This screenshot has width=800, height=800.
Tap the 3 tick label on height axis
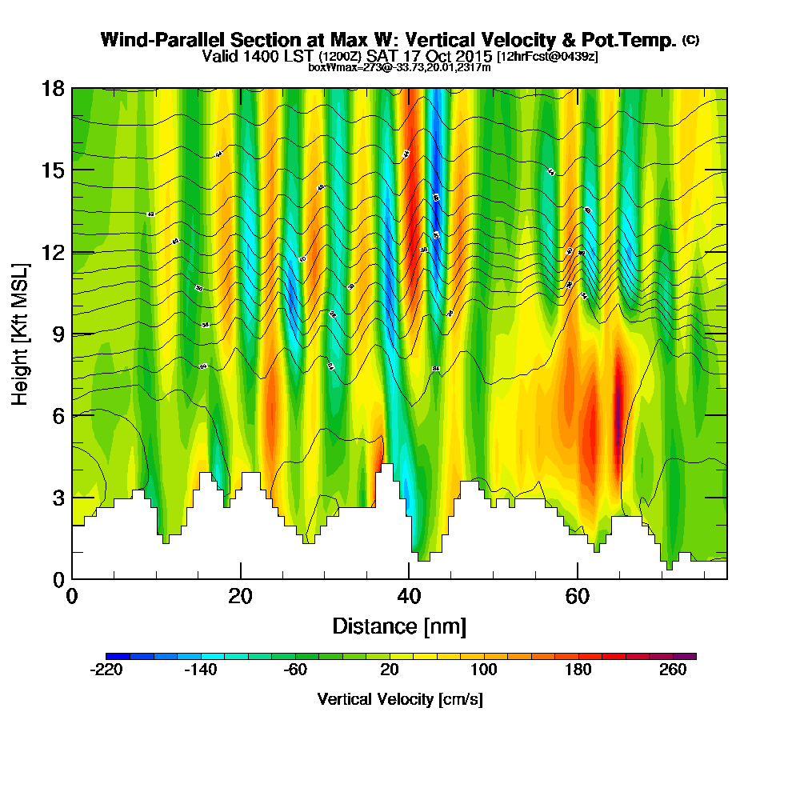coord(58,498)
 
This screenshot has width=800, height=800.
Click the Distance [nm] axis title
coord(399,626)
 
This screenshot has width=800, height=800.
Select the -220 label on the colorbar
coord(106,670)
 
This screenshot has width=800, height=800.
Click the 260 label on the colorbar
coord(674,670)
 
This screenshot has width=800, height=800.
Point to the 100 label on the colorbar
coord(484,670)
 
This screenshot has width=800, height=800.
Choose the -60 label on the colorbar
coord(295,670)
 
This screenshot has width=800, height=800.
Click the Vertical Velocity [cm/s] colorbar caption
coord(399,699)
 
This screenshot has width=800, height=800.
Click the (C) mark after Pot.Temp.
coord(690,39)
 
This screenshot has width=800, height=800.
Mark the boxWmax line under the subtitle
coord(399,68)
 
